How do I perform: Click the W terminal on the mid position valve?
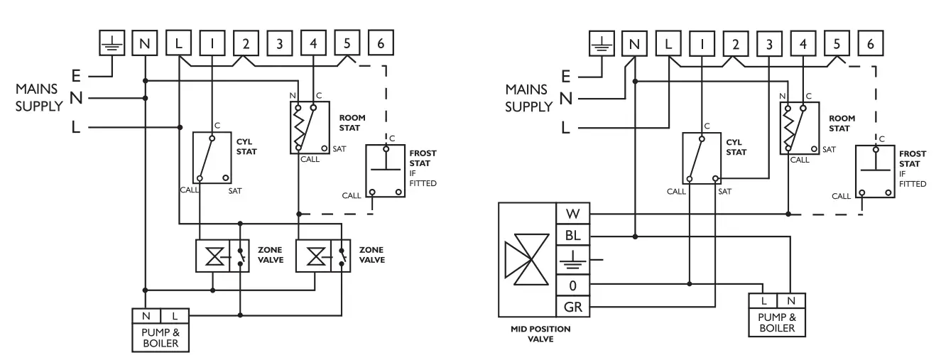(x=572, y=214)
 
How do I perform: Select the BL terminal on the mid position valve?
(x=572, y=236)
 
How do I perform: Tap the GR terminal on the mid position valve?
(x=572, y=307)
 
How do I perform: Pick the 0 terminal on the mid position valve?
(x=572, y=284)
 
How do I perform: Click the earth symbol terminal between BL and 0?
(x=572, y=260)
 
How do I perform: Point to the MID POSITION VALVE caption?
(x=541, y=334)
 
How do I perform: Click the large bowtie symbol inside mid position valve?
(x=526, y=260)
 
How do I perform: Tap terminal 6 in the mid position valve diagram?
(x=871, y=43)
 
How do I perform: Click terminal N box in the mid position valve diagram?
(x=634, y=44)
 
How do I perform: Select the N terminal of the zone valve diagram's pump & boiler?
(x=146, y=315)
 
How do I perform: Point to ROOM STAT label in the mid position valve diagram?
(x=843, y=124)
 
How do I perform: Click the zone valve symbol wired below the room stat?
(x=314, y=256)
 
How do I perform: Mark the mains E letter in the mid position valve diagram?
(x=566, y=75)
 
